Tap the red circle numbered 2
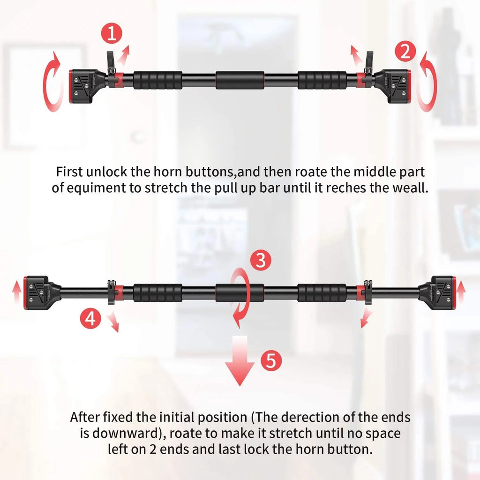(405, 52)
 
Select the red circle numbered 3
(260, 260)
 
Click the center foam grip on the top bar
(240, 80)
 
